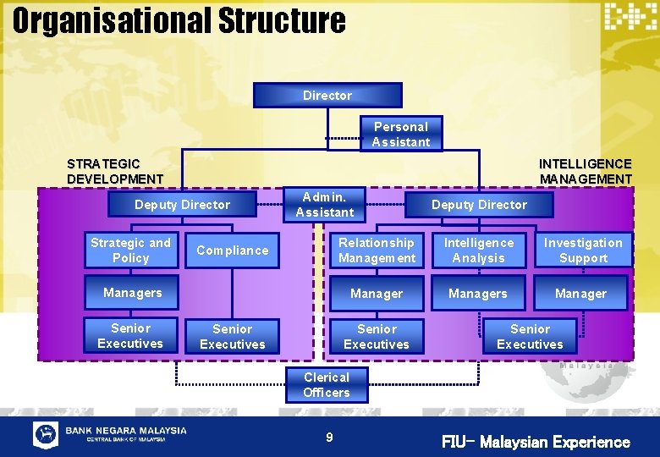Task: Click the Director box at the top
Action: [x=327, y=96]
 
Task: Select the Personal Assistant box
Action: [x=401, y=135]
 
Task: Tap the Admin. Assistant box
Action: [x=325, y=205]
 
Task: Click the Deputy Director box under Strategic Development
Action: [x=182, y=205]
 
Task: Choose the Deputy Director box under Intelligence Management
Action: [x=479, y=205]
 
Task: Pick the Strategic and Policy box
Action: [x=130, y=251]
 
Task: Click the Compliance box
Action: [x=232, y=251]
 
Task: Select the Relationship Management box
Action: [x=377, y=251]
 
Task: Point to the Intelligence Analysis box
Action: [x=478, y=251]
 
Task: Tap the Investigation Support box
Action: [x=582, y=251]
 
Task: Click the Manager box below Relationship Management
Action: [x=377, y=294]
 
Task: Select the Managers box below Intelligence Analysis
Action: [x=478, y=294]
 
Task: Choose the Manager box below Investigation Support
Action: [x=580, y=294]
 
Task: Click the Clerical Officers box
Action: [x=326, y=385]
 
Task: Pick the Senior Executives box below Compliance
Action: [x=232, y=337]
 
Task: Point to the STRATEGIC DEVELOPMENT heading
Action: [x=115, y=171]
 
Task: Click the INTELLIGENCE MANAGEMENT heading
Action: [x=586, y=171]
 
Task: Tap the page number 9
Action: [x=330, y=438]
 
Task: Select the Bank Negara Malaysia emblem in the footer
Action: [x=46, y=434]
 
